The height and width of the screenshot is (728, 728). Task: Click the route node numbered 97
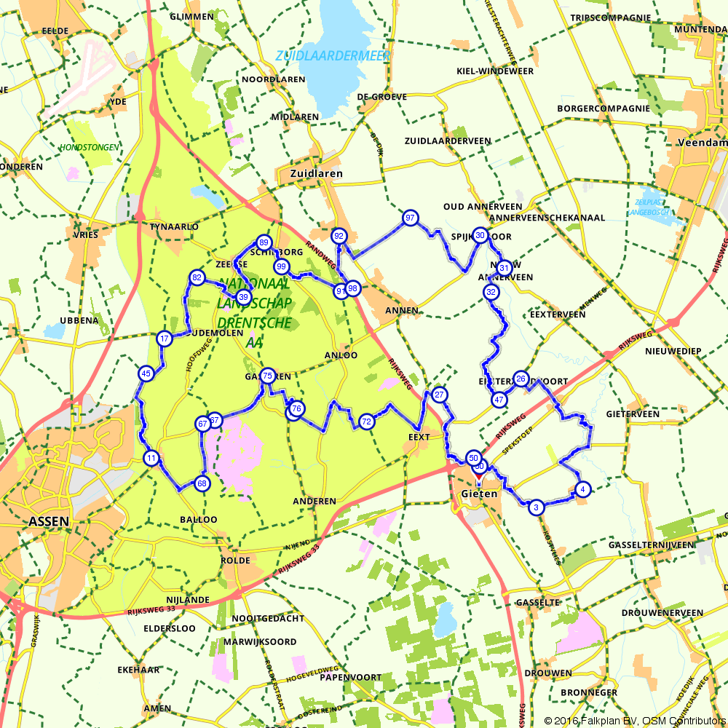click(411, 218)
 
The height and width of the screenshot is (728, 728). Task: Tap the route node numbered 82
click(197, 277)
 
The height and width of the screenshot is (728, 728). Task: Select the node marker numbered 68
click(202, 483)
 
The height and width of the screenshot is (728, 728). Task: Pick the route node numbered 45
click(146, 373)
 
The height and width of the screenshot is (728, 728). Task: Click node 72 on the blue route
click(366, 421)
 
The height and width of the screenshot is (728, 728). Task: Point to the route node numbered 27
click(439, 395)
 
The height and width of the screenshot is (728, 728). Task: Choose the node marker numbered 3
click(536, 507)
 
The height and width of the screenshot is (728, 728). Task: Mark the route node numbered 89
click(264, 242)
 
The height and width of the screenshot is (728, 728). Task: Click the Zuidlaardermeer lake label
click(333, 56)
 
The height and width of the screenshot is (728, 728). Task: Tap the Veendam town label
click(702, 143)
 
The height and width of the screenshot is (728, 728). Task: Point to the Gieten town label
click(479, 494)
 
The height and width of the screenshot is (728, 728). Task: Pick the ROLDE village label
click(235, 561)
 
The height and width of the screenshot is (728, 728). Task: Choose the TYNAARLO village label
click(174, 226)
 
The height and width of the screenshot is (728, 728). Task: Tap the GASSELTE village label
click(537, 603)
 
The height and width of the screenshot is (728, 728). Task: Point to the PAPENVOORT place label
click(351, 677)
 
